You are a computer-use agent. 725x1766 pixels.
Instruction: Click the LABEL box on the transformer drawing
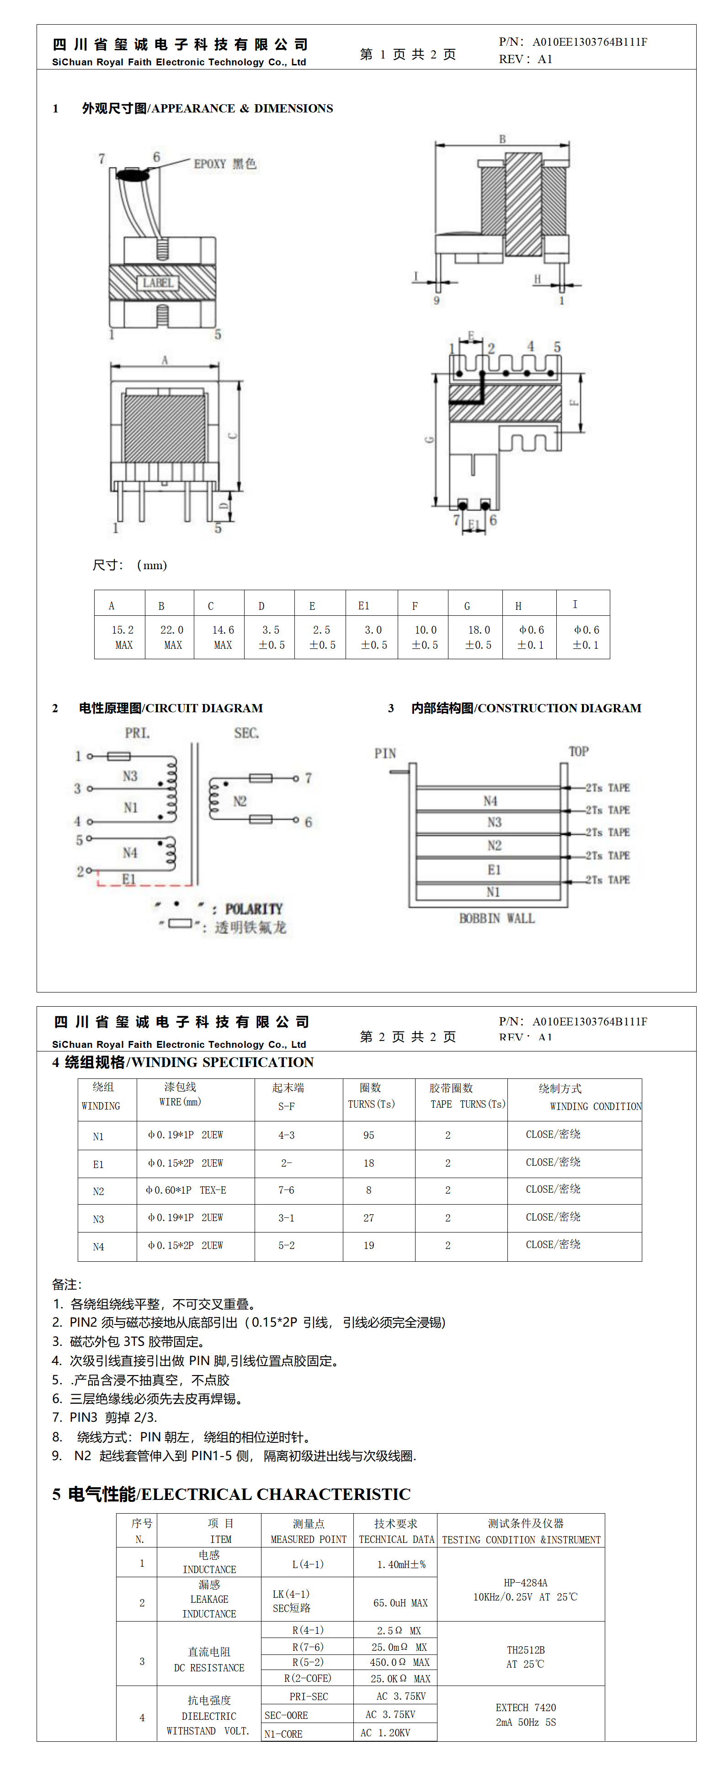click(158, 283)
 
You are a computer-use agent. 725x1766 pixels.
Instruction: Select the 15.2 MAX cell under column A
click(123, 637)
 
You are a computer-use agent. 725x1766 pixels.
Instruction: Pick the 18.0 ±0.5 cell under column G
click(478, 637)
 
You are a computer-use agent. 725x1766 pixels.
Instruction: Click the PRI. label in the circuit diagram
click(137, 733)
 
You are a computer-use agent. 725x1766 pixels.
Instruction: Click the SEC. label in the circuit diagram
click(247, 733)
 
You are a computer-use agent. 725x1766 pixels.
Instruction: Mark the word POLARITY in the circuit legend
click(254, 909)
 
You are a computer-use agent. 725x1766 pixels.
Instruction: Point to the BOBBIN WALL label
click(497, 918)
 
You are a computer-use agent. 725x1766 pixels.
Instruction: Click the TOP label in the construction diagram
click(578, 752)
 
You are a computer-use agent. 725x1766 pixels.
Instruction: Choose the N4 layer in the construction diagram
click(490, 801)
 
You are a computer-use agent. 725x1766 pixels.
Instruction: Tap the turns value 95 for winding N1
click(368, 1135)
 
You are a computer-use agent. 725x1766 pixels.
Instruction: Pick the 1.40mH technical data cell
click(401, 1564)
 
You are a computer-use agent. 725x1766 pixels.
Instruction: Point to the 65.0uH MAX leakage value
click(400, 1603)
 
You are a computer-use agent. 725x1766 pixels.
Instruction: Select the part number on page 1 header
click(589, 42)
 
